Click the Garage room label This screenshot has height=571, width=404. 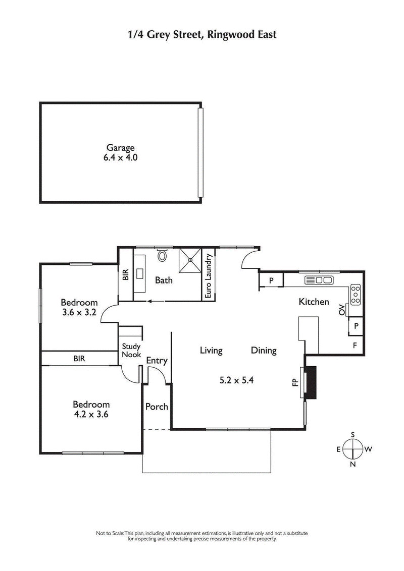click(120, 148)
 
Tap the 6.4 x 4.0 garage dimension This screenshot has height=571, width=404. click(120, 157)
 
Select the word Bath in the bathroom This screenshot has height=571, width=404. click(164, 280)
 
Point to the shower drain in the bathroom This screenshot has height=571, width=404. click(190, 260)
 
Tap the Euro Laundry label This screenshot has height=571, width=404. click(207, 277)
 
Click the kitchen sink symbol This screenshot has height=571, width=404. click(319, 280)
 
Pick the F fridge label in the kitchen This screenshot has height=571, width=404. click(355, 346)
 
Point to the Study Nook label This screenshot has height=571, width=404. click(131, 351)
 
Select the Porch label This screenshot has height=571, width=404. click(157, 407)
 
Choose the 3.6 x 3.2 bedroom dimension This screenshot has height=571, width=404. click(79, 312)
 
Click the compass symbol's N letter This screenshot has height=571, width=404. click(353, 464)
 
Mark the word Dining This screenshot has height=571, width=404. click(264, 351)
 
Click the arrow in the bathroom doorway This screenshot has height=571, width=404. click(154, 302)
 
